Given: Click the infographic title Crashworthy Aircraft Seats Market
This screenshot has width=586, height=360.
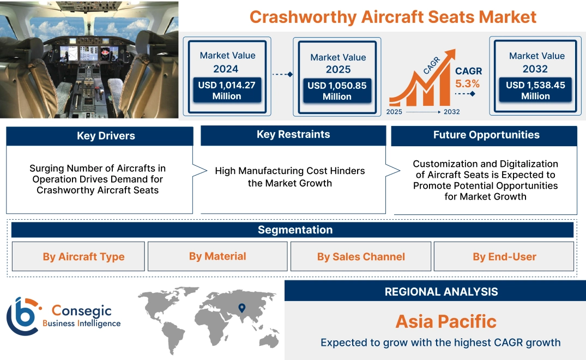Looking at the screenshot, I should (x=392, y=16).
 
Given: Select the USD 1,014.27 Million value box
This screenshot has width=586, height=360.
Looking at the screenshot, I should (x=226, y=91).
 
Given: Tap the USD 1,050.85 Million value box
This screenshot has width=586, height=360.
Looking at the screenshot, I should (x=337, y=91).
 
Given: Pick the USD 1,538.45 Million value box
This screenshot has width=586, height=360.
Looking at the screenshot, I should (x=535, y=91).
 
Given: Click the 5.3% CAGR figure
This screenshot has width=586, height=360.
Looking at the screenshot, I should (x=468, y=84).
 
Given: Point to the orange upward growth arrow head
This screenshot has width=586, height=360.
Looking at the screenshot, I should (x=450, y=55).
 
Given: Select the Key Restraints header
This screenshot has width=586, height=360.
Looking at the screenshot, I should (x=293, y=135).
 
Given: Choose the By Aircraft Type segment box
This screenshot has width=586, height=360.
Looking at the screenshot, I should (x=83, y=256).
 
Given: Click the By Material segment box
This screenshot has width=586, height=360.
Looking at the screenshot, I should (x=218, y=256).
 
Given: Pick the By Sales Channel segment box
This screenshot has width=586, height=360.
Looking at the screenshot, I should (x=361, y=256).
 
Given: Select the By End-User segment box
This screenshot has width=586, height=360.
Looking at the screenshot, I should (x=504, y=256).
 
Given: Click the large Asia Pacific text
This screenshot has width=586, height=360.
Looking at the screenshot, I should (x=446, y=321).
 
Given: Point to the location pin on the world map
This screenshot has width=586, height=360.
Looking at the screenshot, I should (x=241, y=308).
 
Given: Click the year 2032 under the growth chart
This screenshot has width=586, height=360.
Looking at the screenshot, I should (x=451, y=112).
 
